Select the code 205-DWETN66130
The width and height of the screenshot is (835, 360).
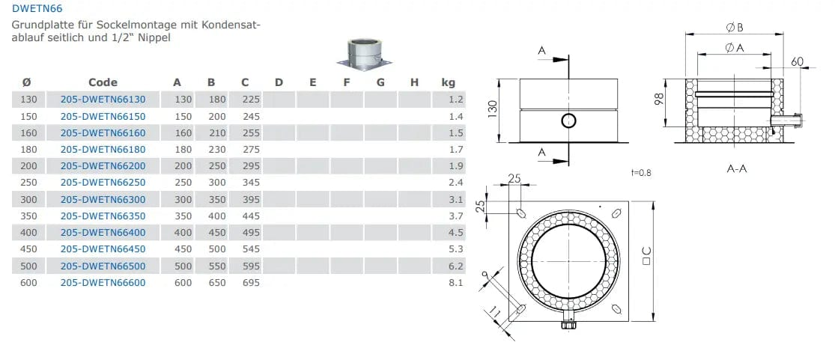coord(103,99)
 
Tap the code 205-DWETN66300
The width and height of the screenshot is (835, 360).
coord(103,199)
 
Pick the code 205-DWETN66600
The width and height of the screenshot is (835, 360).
coord(103,283)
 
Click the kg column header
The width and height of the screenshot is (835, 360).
coord(449,82)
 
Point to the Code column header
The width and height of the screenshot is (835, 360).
coord(103,82)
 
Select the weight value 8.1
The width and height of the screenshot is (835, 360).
coord(456,283)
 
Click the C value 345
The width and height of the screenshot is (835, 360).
coord(251,183)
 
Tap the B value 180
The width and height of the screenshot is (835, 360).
coord(216,99)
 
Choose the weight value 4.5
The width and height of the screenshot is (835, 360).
coord(456,233)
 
